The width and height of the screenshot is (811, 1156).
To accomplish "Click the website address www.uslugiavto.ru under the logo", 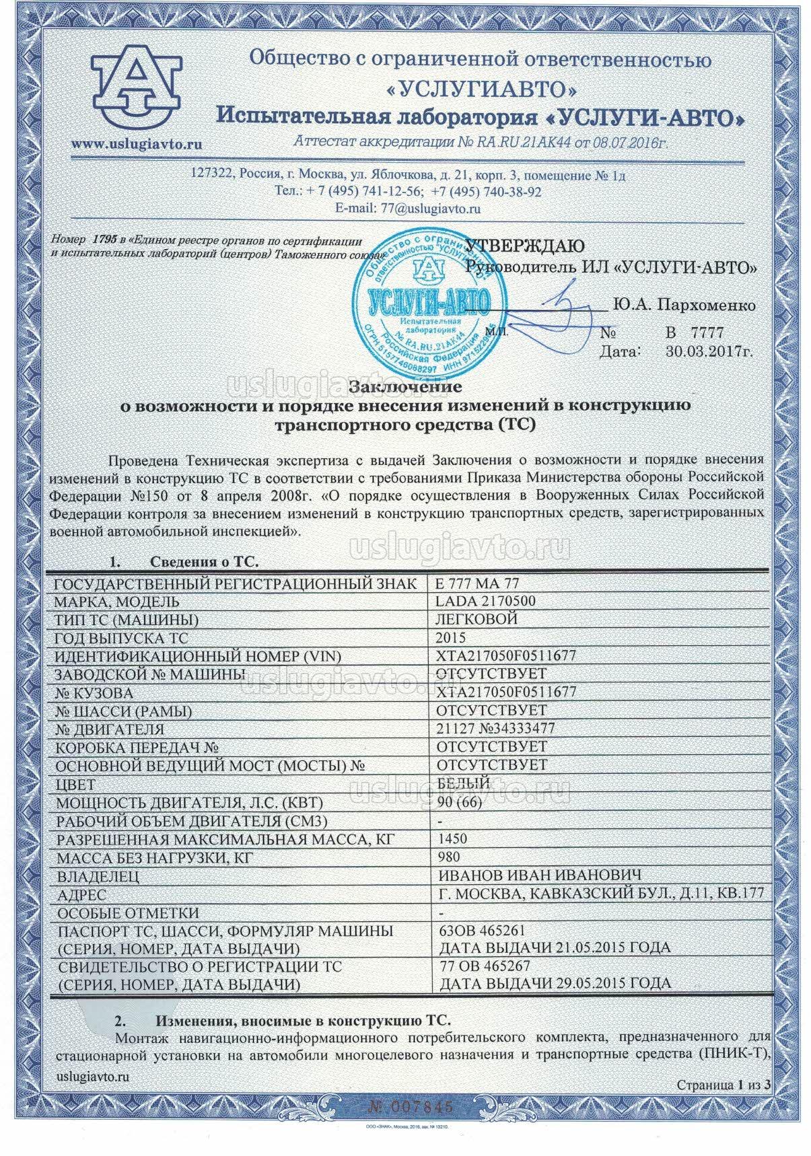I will pos(137,143).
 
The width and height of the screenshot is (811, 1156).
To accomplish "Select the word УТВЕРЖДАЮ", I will pos(526,246).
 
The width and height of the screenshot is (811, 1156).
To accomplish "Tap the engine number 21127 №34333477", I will pos(496,729).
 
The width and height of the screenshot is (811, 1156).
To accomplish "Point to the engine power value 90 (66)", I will pos(460,802).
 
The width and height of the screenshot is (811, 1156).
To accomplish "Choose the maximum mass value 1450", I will pos(452,838).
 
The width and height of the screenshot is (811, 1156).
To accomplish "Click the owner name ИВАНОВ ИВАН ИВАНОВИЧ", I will pos(538,875).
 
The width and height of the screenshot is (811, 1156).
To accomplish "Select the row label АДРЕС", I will pos(81,894).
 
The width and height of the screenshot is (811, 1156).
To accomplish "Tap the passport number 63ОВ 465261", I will pos(481,931).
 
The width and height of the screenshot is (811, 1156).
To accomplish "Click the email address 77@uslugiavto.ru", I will pos(430,208).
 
